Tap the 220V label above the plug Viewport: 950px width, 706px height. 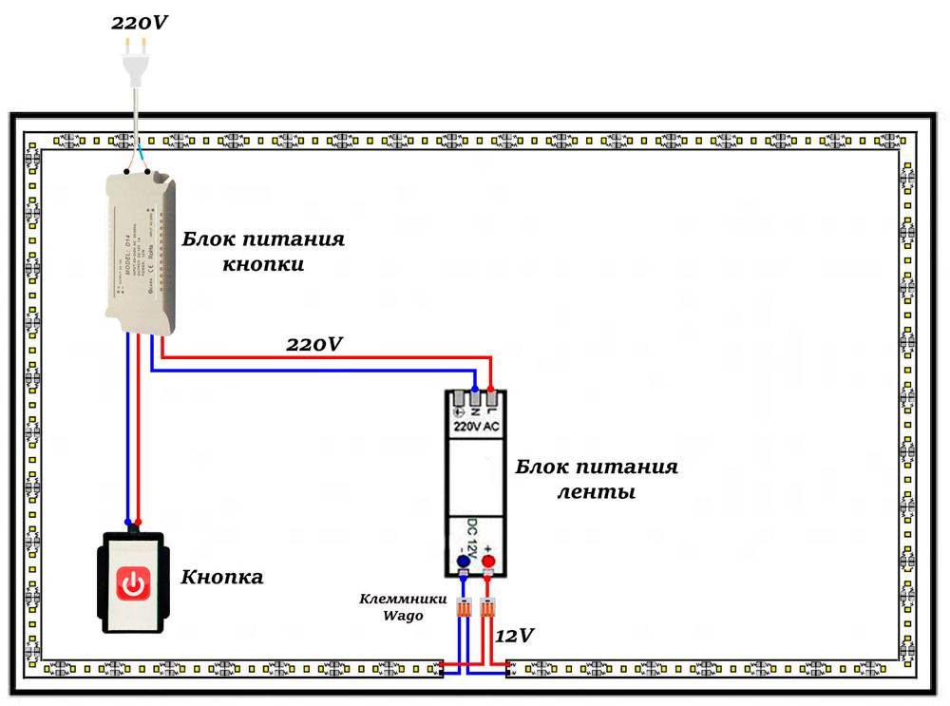(x=140, y=21)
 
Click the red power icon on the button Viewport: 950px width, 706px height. (x=134, y=582)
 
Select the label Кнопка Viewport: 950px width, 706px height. (x=221, y=577)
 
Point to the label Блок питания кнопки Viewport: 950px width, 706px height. (x=263, y=251)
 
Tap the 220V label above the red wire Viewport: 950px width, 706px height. (x=314, y=344)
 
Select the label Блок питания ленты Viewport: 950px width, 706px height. (x=597, y=480)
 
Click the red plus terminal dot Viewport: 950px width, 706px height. (x=488, y=562)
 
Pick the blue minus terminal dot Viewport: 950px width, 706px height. (x=463, y=562)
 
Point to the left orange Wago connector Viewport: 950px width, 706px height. (x=464, y=609)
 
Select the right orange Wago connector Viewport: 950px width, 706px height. (x=488, y=609)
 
